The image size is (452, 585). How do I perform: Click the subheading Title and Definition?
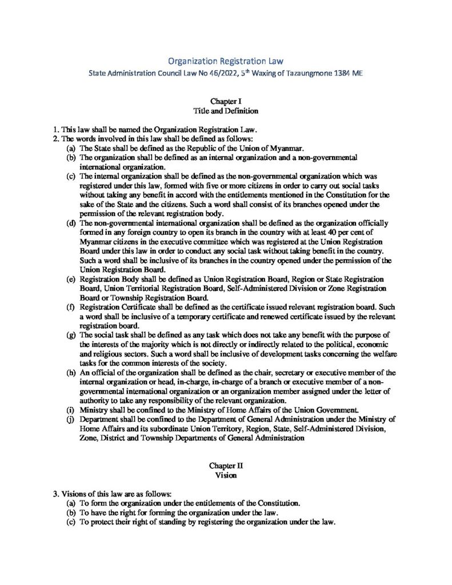coord(226,110)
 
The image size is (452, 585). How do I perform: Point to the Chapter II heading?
coord(226,466)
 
